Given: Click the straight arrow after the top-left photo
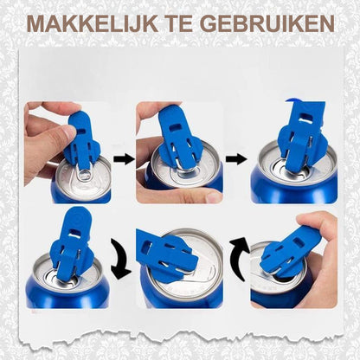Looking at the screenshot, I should tap(123, 159).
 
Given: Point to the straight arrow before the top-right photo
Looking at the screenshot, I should tap(235, 159).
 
